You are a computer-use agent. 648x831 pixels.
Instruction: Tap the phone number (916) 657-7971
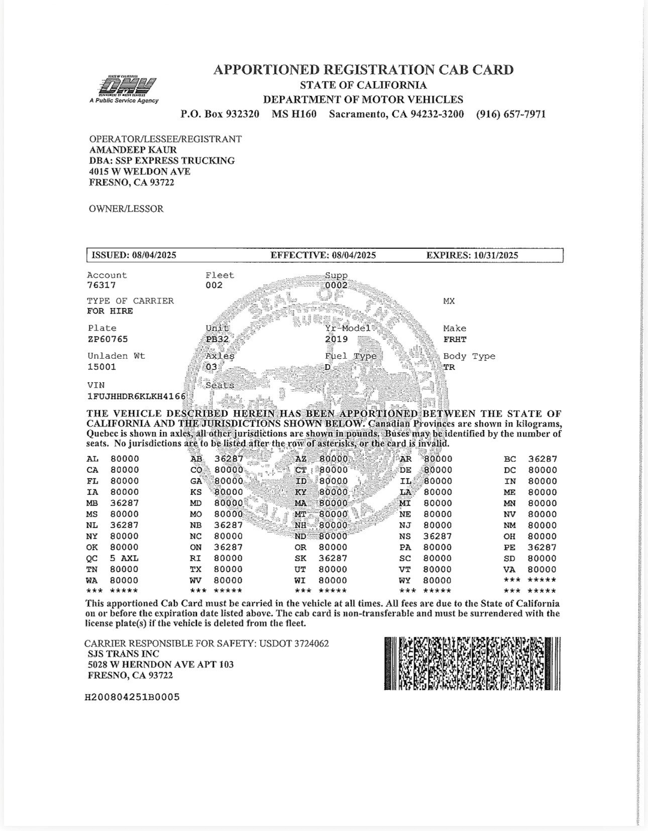510,114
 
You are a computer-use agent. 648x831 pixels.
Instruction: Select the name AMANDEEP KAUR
133,150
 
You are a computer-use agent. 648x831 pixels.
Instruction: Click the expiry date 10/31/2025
495,255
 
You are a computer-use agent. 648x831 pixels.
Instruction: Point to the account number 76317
101,285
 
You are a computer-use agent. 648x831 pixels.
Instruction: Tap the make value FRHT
455,339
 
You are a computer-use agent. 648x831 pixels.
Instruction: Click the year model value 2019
336,339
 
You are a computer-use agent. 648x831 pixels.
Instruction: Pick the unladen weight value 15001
101,367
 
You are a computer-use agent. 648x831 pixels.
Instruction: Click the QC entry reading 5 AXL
124,558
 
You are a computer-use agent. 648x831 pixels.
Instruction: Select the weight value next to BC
543,459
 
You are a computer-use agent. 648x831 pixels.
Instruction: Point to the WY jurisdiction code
405,580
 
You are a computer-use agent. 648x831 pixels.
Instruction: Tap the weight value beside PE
543,547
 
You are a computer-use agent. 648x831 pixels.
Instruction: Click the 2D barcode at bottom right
472,663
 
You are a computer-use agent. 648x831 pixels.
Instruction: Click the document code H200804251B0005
132,697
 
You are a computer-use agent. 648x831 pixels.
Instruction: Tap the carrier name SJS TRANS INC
123,654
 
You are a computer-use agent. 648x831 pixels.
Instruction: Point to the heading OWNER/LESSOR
126,209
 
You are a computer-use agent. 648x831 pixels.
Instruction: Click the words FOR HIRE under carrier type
110,311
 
